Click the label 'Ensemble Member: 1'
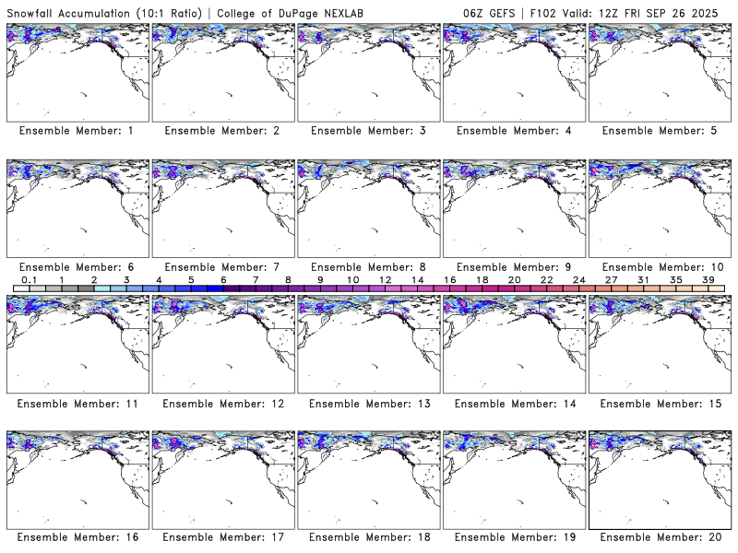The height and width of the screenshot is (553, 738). [76, 131]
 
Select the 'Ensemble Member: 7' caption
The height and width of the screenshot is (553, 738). [221, 267]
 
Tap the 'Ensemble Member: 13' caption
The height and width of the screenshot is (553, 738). [367, 404]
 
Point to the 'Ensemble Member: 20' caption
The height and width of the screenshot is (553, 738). [661, 536]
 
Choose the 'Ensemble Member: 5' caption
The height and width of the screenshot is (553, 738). [661, 131]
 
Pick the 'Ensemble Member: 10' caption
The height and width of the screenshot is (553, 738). [661, 267]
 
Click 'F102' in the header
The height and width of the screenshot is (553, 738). [543, 10]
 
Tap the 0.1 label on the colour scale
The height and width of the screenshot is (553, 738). [30, 279]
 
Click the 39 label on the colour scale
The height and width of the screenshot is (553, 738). [708, 279]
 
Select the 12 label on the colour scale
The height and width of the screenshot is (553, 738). [386, 279]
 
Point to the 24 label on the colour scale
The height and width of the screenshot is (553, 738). [578, 279]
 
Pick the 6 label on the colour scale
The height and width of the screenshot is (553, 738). [223, 279]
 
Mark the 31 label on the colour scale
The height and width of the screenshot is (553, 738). [643, 279]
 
